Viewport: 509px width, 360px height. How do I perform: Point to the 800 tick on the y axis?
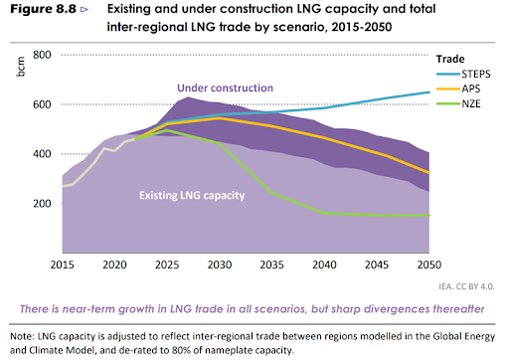(42, 55)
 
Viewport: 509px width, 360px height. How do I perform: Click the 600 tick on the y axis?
(42, 104)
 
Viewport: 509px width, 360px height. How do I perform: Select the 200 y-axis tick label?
(42, 203)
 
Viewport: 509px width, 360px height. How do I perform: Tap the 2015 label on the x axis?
(62, 266)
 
